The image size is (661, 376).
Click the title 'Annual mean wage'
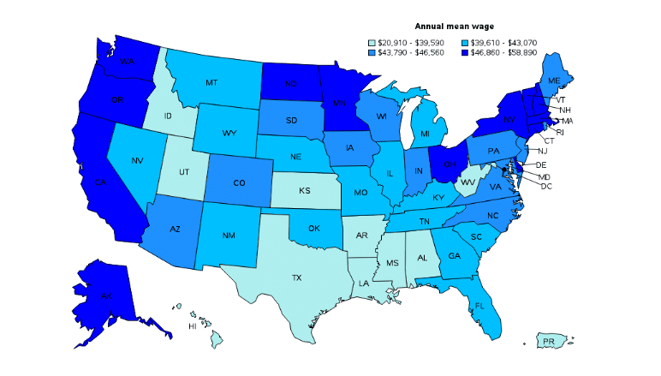coord(454,27)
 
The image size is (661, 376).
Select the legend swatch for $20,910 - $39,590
coord(371,42)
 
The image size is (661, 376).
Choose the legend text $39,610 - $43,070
coord(503,42)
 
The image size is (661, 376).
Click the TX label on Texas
coord(296,278)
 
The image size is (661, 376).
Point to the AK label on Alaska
coord(107,295)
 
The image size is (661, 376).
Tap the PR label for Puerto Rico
coord(549,342)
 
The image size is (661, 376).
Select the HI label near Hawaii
coord(193,327)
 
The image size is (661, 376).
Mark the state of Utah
coord(184,171)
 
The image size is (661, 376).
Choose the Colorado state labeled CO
coord(239,182)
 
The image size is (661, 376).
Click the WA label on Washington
coord(128,62)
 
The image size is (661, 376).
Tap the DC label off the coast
coord(546,186)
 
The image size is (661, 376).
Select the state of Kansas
coord(304,190)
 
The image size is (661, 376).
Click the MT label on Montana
coord(210,82)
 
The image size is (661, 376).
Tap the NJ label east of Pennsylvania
coord(542,151)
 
